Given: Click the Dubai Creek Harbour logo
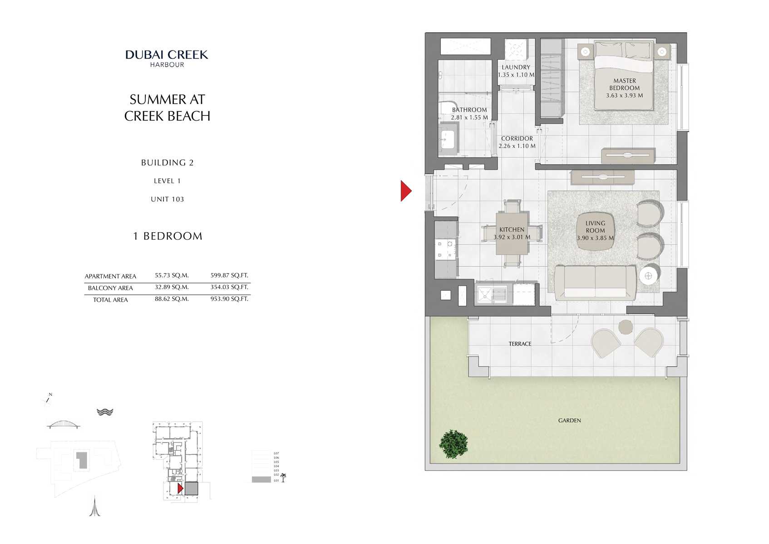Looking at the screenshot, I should pos(167,58).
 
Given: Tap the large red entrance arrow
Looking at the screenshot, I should pos(405,191).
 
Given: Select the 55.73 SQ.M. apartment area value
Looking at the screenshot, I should pos(172,275).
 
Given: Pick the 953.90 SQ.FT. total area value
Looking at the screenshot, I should pos(229,299).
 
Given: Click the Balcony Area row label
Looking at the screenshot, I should pos(110,288).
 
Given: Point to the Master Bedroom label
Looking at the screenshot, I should pos(624,85).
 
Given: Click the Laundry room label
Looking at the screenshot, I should pos(516,67).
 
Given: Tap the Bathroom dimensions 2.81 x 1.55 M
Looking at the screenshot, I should pos(469,117).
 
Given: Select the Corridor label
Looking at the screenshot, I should pos(517,139).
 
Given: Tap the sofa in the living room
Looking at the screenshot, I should pos(595,282).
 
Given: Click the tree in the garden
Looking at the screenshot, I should pos(454,444).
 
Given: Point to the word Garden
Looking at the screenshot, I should pos(569,421).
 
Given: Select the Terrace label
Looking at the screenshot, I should pos(520,344).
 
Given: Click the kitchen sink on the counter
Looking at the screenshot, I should pos(492,294).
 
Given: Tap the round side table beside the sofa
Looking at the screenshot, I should pos(648,276).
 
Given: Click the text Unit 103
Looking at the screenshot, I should pos(167,200).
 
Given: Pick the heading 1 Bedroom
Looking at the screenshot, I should pos(168,236).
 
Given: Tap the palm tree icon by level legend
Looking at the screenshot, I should pos(283,478).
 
